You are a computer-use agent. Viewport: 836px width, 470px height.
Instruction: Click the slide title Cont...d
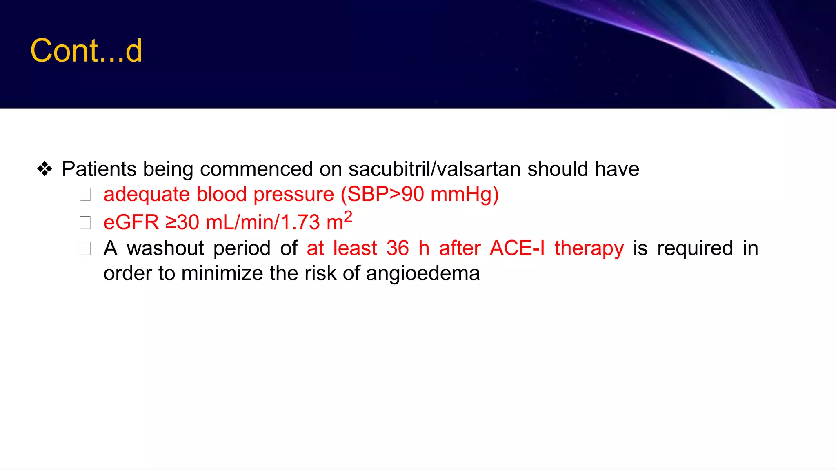[x=86, y=51]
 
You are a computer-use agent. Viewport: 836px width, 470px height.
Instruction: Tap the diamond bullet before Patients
[x=44, y=169]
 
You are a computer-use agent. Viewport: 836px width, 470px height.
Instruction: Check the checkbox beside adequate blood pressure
[x=85, y=195]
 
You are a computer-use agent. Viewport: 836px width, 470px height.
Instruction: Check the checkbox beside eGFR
[x=85, y=223]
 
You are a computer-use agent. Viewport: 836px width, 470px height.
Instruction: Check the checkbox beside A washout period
[x=85, y=248]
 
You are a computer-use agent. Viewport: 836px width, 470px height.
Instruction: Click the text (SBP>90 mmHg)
[x=420, y=194]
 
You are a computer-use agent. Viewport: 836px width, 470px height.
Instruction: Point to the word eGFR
[x=131, y=222]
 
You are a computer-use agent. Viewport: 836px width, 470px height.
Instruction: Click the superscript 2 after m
[x=348, y=216]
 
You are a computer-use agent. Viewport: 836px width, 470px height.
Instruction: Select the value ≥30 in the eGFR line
[x=182, y=222]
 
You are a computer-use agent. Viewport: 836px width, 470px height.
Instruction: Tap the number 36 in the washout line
[x=398, y=248]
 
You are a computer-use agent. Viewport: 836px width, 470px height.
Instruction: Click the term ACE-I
[x=517, y=248]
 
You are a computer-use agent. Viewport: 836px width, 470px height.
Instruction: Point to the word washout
[x=165, y=248]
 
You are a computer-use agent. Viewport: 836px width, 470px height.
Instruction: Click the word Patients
[x=99, y=169]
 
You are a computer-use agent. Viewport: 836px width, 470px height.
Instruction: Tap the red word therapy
[x=589, y=248]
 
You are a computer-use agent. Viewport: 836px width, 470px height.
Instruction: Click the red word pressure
[x=293, y=194]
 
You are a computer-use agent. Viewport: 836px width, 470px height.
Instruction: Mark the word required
[x=695, y=248]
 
